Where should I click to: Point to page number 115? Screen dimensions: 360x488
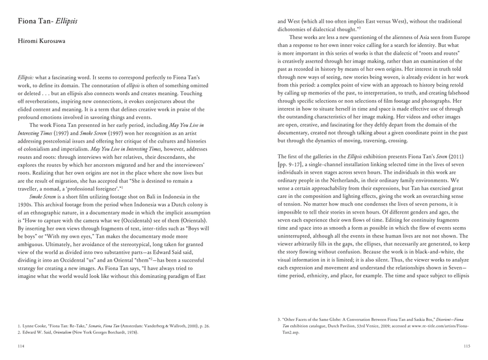click(x=466, y=346)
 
